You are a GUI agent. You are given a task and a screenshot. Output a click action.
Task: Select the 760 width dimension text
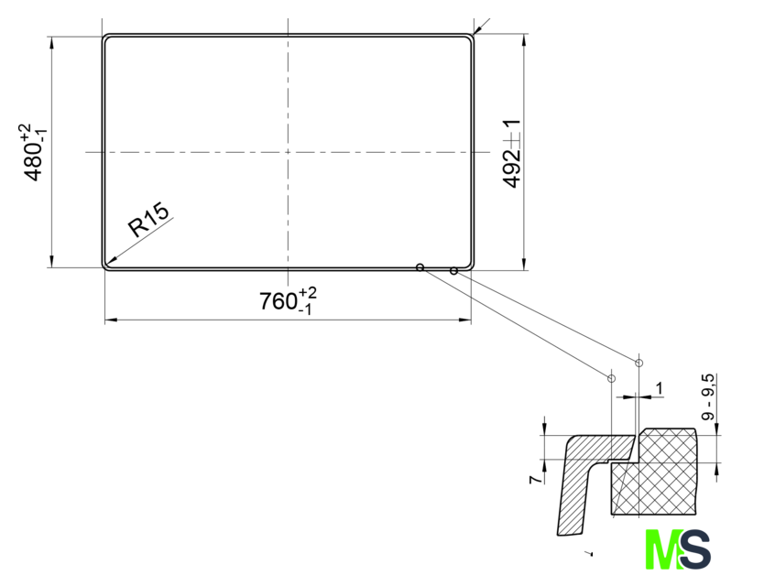[x=288, y=300]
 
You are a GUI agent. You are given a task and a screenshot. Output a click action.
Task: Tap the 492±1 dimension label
[x=511, y=154]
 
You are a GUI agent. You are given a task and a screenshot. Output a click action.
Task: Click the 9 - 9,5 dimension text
[x=708, y=397]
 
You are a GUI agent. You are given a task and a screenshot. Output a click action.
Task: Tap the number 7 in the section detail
[x=536, y=479]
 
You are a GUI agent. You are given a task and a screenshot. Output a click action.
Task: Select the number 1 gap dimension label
[x=660, y=388]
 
